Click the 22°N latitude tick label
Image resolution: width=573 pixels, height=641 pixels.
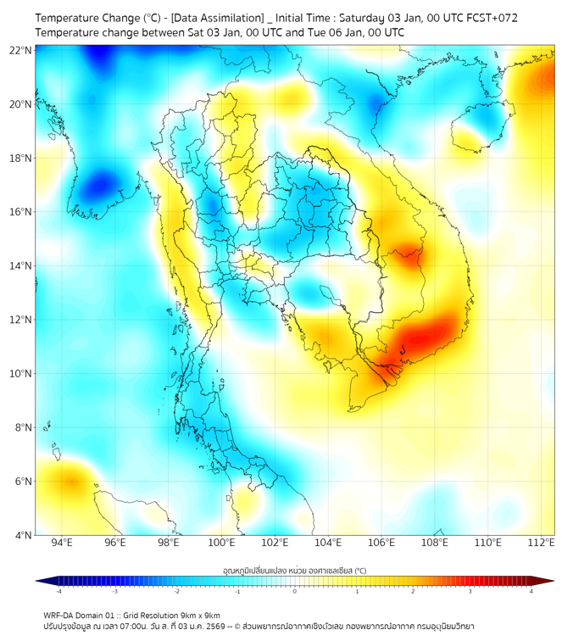tap(20, 50)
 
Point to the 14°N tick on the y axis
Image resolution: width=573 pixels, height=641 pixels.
tap(20, 265)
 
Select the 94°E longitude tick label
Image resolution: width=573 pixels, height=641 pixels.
tap(62, 543)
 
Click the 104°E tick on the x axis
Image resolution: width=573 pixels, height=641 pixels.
tap(328, 543)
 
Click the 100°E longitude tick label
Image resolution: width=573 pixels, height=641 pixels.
tap(221, 543)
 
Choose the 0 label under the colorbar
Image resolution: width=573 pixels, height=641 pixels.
tap(295, 591)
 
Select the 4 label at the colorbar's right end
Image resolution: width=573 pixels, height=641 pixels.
tap(531, 591)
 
